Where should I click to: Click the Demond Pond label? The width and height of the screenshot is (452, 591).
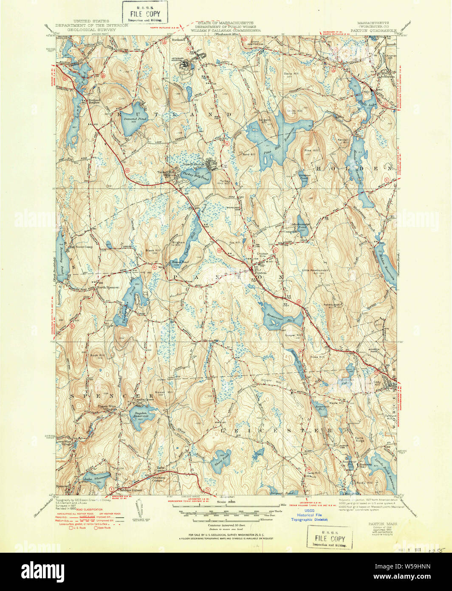tap(136, 119)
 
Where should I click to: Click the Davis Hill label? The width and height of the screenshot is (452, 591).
tap(291, 74)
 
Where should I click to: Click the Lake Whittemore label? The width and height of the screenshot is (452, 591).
tap(96, 478)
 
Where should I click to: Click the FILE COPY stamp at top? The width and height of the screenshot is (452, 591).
tap(145, 13)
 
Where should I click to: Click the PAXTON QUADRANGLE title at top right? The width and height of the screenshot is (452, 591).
tap(373, 30)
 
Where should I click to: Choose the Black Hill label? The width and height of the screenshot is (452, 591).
tap(152, 250)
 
